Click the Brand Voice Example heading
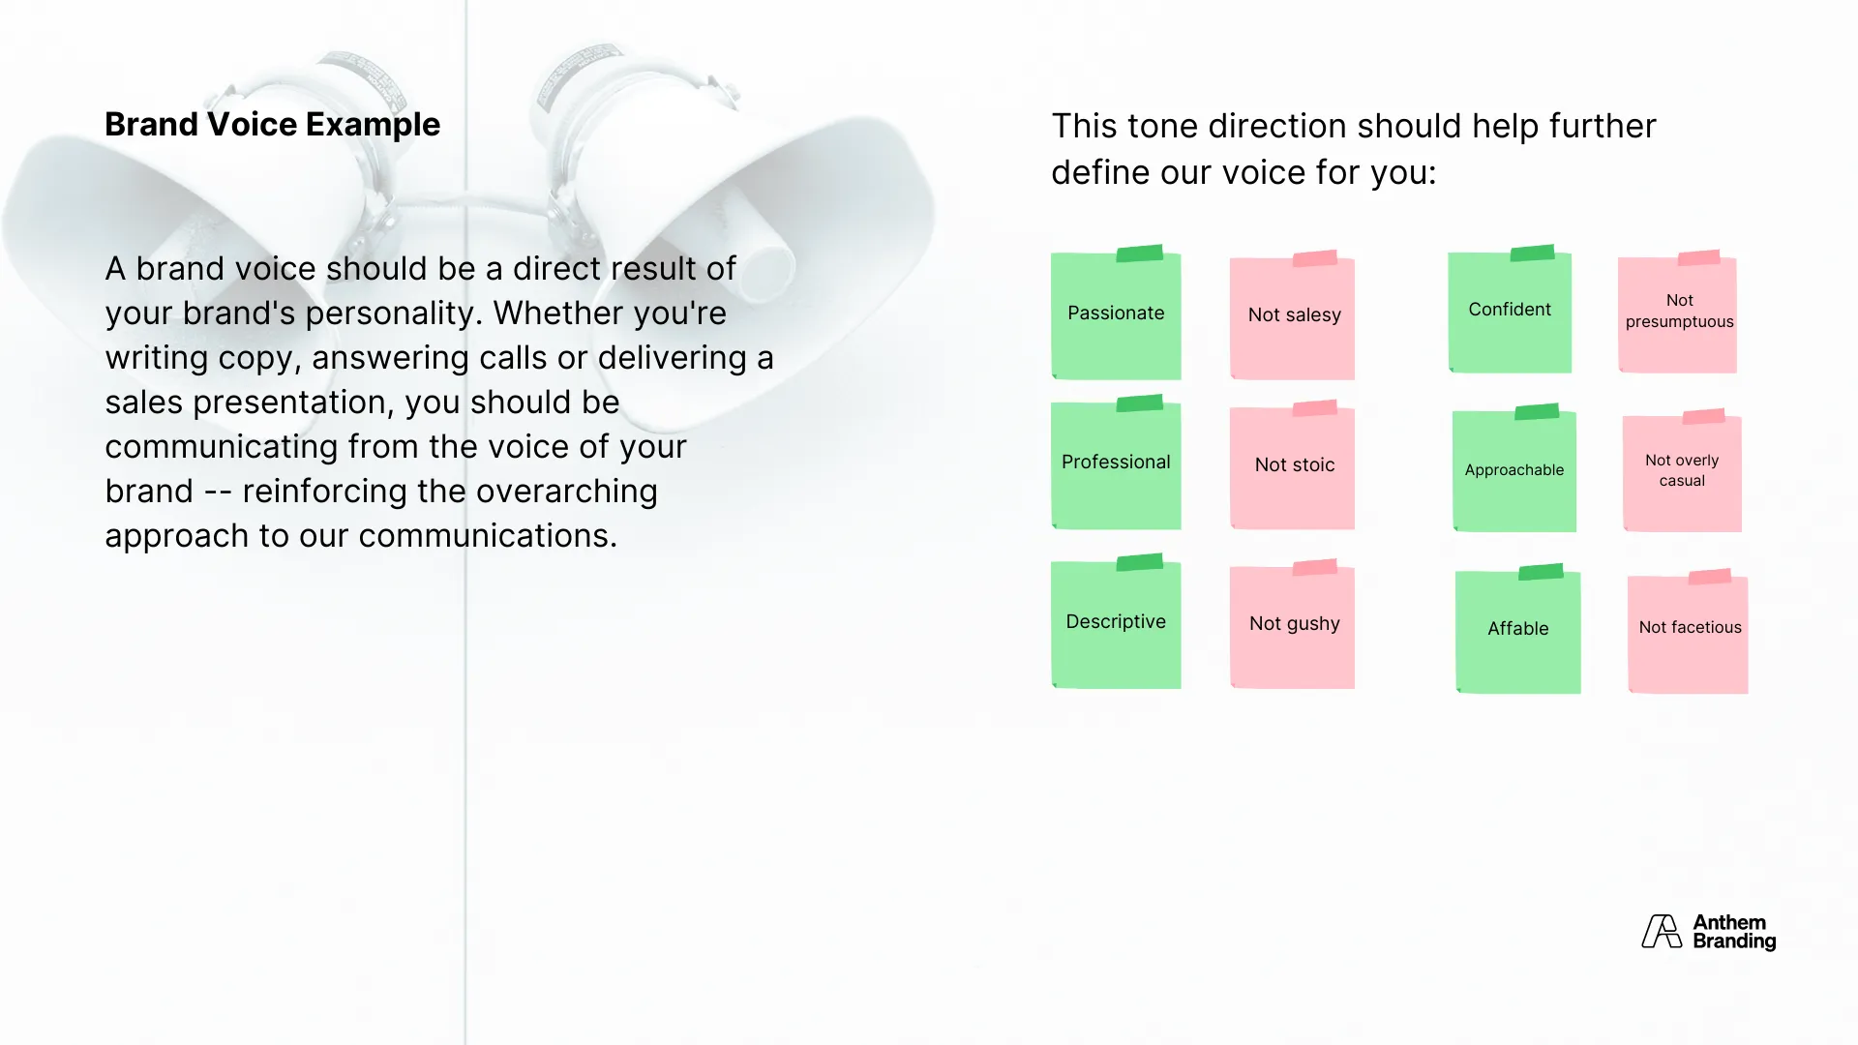272,125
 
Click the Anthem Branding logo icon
1662,932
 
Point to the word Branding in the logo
1734,941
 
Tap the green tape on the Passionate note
1140,254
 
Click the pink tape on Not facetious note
1710,577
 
